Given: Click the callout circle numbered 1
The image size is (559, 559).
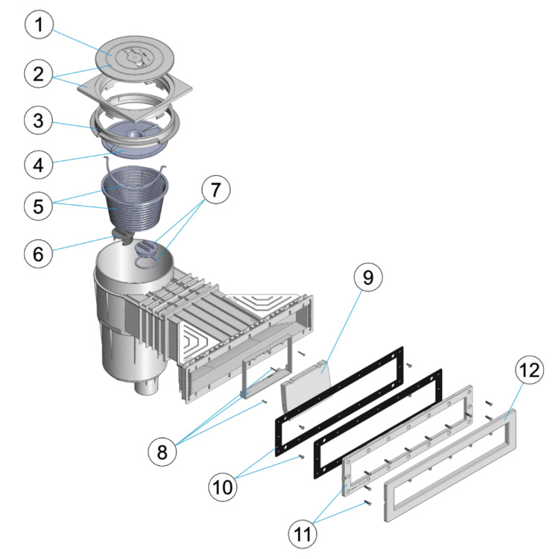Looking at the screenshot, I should pos(42,27).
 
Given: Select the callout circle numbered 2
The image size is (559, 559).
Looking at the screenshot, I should pos(42,74).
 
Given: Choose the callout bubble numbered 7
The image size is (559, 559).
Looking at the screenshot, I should pos(214,191).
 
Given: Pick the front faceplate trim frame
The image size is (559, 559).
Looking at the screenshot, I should pos(447,492).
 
